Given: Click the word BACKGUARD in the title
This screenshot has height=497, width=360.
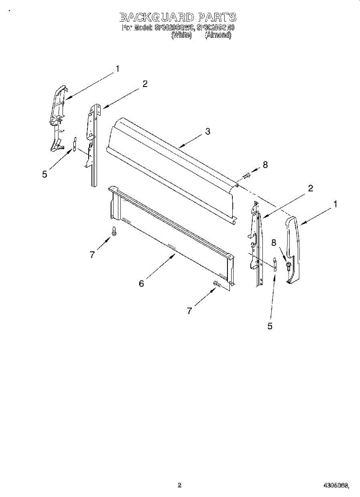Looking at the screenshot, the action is tap(156, 17).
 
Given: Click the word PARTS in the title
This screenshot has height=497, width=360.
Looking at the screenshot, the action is tap(217, 17).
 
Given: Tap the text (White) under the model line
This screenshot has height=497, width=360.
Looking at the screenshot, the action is tap(181, 35).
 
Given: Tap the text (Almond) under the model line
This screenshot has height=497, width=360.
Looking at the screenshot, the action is tap(218, 35).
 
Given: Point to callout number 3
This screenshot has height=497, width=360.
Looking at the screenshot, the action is tap(208, 132).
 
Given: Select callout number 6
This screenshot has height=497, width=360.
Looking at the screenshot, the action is tap(141, 284).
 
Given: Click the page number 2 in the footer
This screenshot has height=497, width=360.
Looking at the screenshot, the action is tap(179, 485).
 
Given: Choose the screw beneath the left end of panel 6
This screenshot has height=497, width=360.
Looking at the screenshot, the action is tap(114, 231).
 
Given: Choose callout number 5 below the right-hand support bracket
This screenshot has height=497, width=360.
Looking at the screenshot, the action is tap(270, 326).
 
